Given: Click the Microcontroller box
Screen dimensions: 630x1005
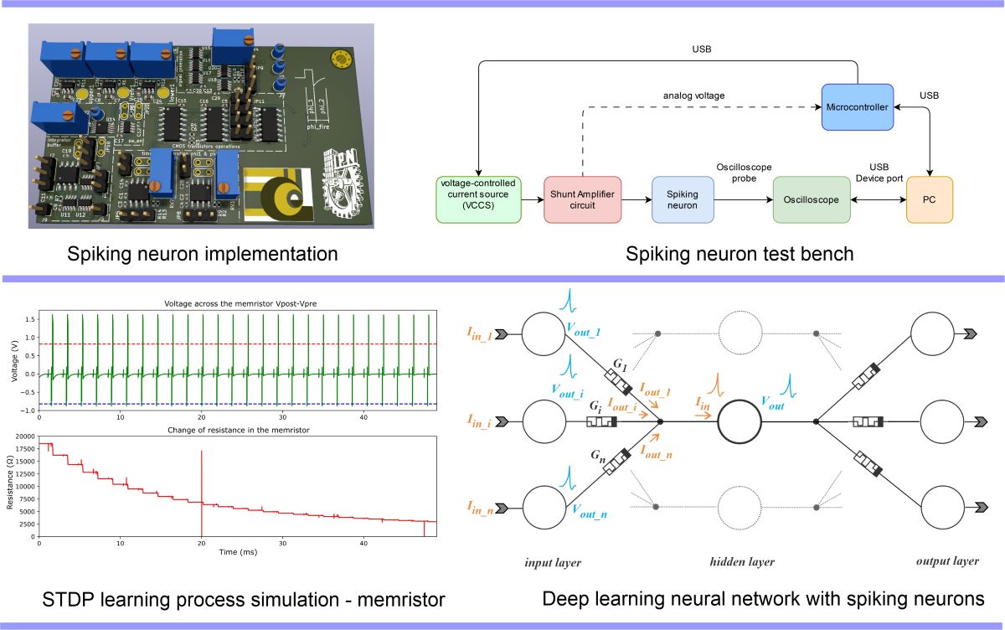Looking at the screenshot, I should pos(858,106).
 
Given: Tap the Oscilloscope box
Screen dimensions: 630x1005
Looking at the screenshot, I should pos(811,199).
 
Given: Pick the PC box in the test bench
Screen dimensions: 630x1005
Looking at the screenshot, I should pos(930,199).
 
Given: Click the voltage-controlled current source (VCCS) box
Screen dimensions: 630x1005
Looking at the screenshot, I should pos(477,199).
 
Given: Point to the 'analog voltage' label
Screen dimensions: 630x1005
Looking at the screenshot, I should pos(693,96).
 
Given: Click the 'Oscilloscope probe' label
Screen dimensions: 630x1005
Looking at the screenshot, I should pos(745,173).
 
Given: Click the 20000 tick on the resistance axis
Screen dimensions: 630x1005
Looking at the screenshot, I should pos(25,437).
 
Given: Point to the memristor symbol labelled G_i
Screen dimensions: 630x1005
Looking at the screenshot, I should pos(603,421).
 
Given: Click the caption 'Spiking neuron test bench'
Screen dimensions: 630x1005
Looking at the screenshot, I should pos(740,253).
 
